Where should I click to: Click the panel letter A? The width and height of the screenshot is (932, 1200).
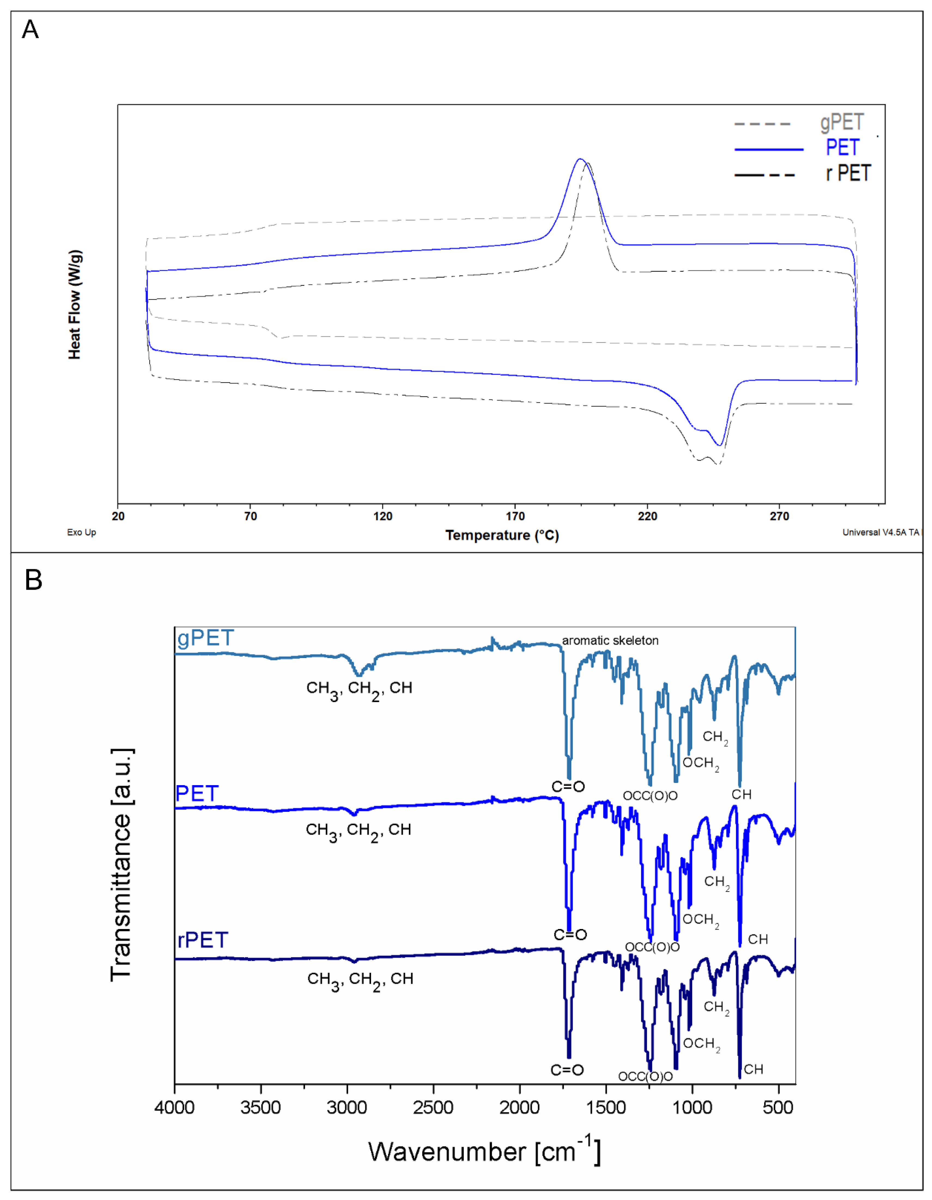click(30, 30)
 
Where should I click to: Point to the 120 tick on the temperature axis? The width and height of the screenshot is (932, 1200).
click(383, 516)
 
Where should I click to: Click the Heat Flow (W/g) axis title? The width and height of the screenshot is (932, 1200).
click(75, 305)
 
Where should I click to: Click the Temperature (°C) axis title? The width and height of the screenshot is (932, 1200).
click(502, 535)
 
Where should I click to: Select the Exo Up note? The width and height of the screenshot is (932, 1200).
click(81, 532)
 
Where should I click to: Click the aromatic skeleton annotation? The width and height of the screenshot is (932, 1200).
click(610, 641)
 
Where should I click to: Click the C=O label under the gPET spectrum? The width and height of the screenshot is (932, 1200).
click(568, 787)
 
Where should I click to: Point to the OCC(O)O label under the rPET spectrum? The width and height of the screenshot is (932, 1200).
click(645, 1076)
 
